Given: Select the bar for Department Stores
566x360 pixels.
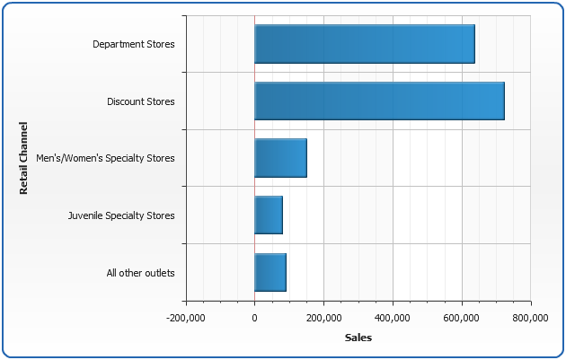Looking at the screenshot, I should [364, 44].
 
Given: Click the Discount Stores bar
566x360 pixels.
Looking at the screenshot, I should [379, 101].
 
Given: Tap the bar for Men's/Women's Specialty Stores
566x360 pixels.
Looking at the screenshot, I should [280, 158].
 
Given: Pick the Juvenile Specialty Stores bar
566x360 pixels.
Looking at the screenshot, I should [269, 215].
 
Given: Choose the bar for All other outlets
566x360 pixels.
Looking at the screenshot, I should [270, 272].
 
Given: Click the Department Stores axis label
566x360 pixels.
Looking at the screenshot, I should [134, 44].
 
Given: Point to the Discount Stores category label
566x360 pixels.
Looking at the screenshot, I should [141, 101].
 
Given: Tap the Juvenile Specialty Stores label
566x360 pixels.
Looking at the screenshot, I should [121, 215].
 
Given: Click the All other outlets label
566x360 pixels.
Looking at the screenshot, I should [139, 273].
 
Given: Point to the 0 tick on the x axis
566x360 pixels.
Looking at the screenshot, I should [254, 317].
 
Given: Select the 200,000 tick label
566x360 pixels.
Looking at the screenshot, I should [323, 317].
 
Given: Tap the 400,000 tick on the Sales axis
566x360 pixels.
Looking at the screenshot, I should [393, 317].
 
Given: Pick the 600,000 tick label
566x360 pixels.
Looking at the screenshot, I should [462, 317].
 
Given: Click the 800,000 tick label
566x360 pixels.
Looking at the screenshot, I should [531, 317].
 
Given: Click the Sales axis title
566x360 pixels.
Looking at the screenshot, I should [358, 338].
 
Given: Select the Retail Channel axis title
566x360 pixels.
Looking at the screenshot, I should [24, 158].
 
